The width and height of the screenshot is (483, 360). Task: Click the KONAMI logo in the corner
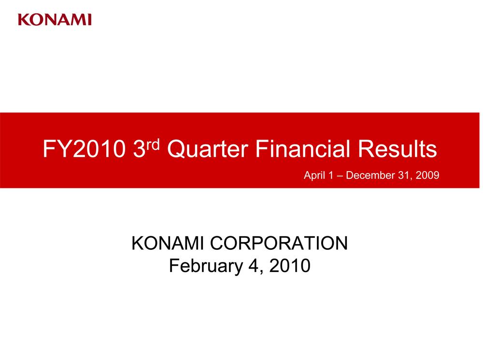[x=55, y=20]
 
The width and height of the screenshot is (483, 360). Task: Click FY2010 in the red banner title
[x=84, y=149]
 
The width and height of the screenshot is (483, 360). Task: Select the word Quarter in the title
[x=208, y=148]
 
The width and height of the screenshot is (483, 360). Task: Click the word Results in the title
[x=398, y=148]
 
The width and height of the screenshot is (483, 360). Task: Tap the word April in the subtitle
[x=314, y=175]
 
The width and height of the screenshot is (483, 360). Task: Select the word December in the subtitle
[x=370, y=175]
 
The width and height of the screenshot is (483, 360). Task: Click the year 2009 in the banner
[x=427, y=175]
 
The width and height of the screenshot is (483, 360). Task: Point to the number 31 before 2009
[x=404, y=175]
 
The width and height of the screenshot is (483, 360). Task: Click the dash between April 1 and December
[x=340, y=176]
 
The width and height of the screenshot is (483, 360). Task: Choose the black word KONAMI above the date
[x=167, y=243]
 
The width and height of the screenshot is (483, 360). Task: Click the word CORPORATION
[x=279, y=243]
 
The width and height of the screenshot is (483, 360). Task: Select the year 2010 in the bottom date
[x=290, y=265]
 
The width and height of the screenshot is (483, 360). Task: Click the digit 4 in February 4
[x=254, y=265]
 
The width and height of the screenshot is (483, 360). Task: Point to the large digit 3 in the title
[x=139, y=149]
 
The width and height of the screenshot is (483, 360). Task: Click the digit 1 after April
[x=331, y=175]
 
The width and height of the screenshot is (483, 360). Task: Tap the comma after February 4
[x=262, y=272]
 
